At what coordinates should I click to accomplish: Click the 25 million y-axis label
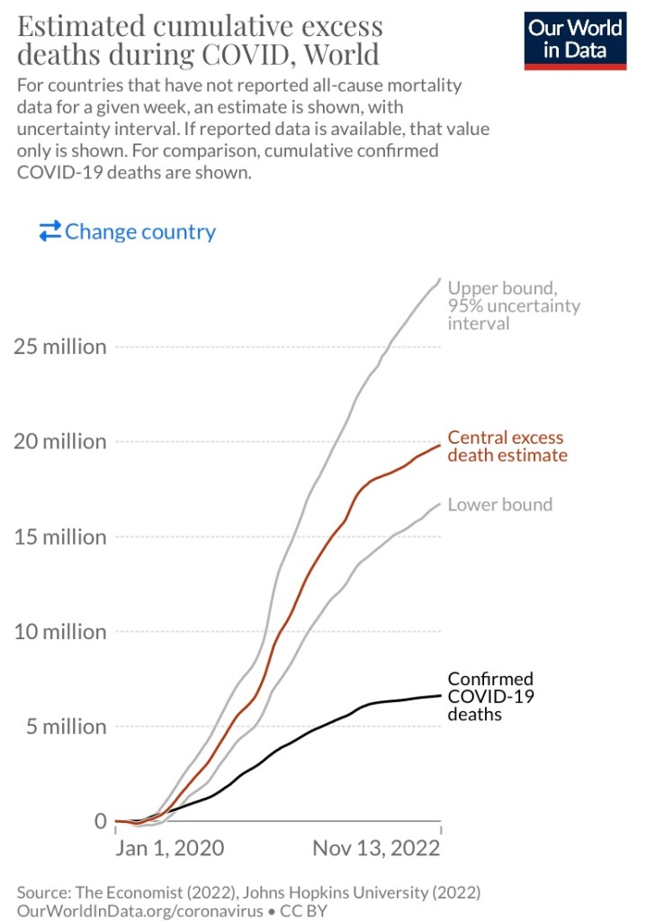[x=59, y=347]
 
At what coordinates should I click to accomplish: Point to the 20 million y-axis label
[x=59, y=442]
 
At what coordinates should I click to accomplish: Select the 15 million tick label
[x=59, y=537]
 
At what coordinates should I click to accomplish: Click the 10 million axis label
[x=59, y=632]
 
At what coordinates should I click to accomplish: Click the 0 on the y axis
[x=100, y=821]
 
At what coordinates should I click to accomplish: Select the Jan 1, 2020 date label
[x=169, y=848]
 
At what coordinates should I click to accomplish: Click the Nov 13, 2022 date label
[x=377, y=848]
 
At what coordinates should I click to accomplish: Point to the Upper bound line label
[x=514, y=305]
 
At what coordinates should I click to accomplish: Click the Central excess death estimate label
[x=507, y=446]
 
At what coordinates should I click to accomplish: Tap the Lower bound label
[x=500, y=504]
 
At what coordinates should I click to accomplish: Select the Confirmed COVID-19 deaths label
[x=490, y=696]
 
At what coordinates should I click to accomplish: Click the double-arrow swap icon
[x=49, y=231]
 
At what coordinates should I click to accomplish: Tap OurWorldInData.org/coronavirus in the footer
[x=137, y=910]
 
